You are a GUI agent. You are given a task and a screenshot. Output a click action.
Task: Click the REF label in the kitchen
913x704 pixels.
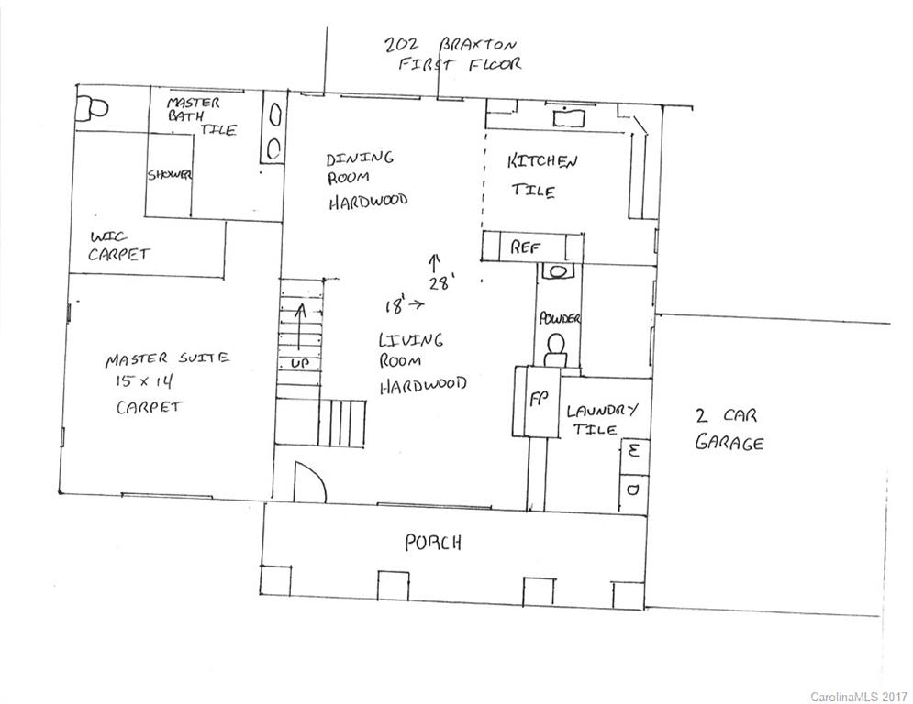(524, 247)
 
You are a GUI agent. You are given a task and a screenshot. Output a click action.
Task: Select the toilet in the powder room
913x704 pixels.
(555, 348)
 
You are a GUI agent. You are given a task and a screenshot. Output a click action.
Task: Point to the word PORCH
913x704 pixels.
(433, 543)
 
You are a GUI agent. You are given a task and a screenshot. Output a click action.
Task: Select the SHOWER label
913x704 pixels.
(170, 175)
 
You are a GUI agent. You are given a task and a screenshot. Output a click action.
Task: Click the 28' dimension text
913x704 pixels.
(441, 283)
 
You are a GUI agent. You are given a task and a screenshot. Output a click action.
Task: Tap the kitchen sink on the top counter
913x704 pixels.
(568, 115)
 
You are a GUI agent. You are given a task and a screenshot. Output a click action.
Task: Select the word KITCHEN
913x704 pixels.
(542, 163)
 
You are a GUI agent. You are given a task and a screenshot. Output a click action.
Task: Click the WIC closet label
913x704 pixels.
(108, 236)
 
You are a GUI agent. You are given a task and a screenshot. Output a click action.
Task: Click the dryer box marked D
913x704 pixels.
(632, 489)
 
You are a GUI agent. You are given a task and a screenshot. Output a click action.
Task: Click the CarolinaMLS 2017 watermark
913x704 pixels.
(857, 694)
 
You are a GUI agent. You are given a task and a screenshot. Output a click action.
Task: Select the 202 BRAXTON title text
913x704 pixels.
(451, 44)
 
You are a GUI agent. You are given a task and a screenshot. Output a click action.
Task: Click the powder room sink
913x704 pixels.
(557, 272)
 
